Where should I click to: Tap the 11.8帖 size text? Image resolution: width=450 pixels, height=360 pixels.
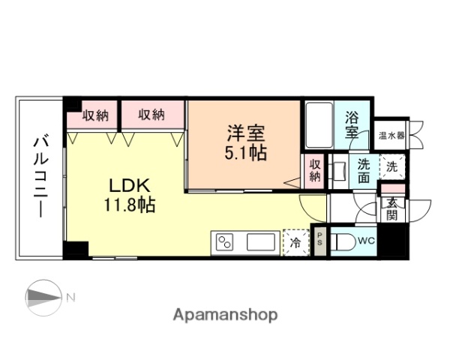[130, 205]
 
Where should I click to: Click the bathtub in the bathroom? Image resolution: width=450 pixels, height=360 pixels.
[319, 125]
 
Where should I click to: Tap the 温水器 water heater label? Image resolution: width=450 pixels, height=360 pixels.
[391, 136]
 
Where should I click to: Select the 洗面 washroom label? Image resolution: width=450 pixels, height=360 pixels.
[363, 171]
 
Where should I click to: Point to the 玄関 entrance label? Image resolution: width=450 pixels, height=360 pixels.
[392, 209]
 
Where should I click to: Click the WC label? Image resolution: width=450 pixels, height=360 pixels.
[366, 241]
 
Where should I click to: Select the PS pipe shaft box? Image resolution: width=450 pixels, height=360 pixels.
[319, 241]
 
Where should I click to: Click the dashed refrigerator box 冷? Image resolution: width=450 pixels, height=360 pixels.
[295, 242]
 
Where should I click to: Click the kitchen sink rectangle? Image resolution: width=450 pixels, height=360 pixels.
[262, 242]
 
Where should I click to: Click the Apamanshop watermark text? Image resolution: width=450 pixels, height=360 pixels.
[225, 314]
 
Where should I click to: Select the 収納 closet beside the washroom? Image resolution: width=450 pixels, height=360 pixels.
[314, 171]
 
